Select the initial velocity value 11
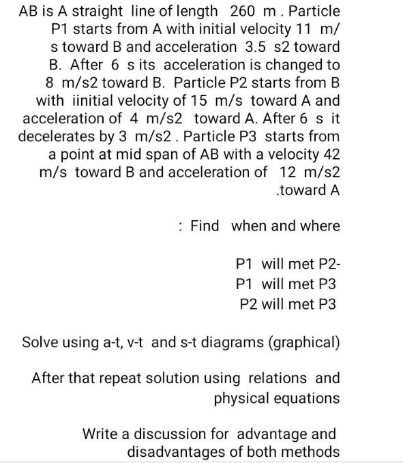[x=305, y=29]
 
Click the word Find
[x=205, y=226]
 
